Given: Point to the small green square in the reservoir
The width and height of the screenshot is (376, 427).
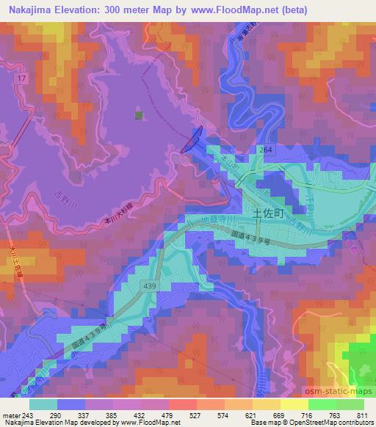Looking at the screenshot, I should click(x=137, y=114).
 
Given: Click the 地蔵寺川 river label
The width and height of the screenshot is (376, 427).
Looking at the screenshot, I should click(x=220, y=221).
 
